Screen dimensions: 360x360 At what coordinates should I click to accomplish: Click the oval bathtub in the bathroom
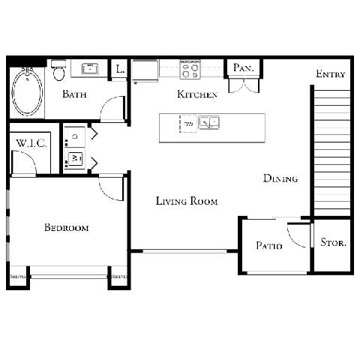[x=28, y=92]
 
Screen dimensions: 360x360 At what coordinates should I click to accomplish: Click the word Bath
[x=73, y=94]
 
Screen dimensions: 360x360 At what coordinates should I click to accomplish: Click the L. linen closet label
[x=120, y=69]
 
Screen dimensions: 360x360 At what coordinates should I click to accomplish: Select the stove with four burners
[x=190, y=69]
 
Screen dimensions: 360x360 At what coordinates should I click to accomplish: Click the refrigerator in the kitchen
[x=145, y=70]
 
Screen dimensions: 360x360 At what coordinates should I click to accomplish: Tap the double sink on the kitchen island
[x=208, y=122]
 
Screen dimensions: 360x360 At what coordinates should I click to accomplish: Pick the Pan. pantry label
[x=243, y=68]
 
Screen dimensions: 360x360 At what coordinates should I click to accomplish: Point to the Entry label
[x=330, y=73]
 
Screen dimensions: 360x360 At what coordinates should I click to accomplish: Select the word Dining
[x=280, y=178]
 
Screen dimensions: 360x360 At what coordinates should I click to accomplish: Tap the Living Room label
[x=187, y=201]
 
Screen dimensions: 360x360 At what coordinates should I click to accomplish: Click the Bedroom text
[x=66, y=228]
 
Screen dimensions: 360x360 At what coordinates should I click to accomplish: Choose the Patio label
[x=268, y=245]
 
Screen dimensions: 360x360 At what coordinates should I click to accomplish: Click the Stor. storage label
[x=332, y=242]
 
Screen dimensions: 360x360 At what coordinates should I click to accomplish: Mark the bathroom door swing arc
[x=112, y=109]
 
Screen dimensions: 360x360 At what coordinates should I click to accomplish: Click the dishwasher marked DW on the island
[x=186, y=123]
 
